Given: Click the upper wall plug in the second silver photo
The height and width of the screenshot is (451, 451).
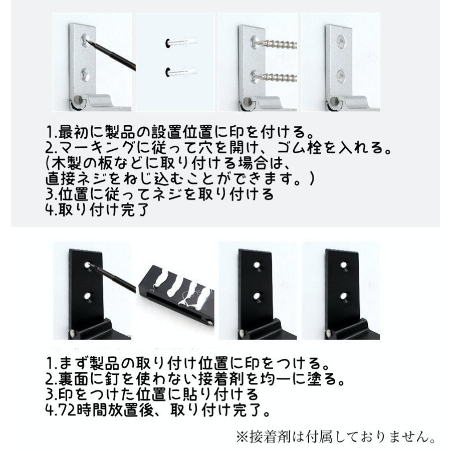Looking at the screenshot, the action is [x=181, y=42].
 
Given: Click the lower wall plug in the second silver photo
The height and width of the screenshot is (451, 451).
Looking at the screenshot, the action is [x=181, y=72].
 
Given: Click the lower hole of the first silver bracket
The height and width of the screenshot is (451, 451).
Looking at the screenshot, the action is [x=85, y=75].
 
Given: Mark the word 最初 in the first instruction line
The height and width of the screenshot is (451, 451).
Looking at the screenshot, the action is [x=73, y=132].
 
